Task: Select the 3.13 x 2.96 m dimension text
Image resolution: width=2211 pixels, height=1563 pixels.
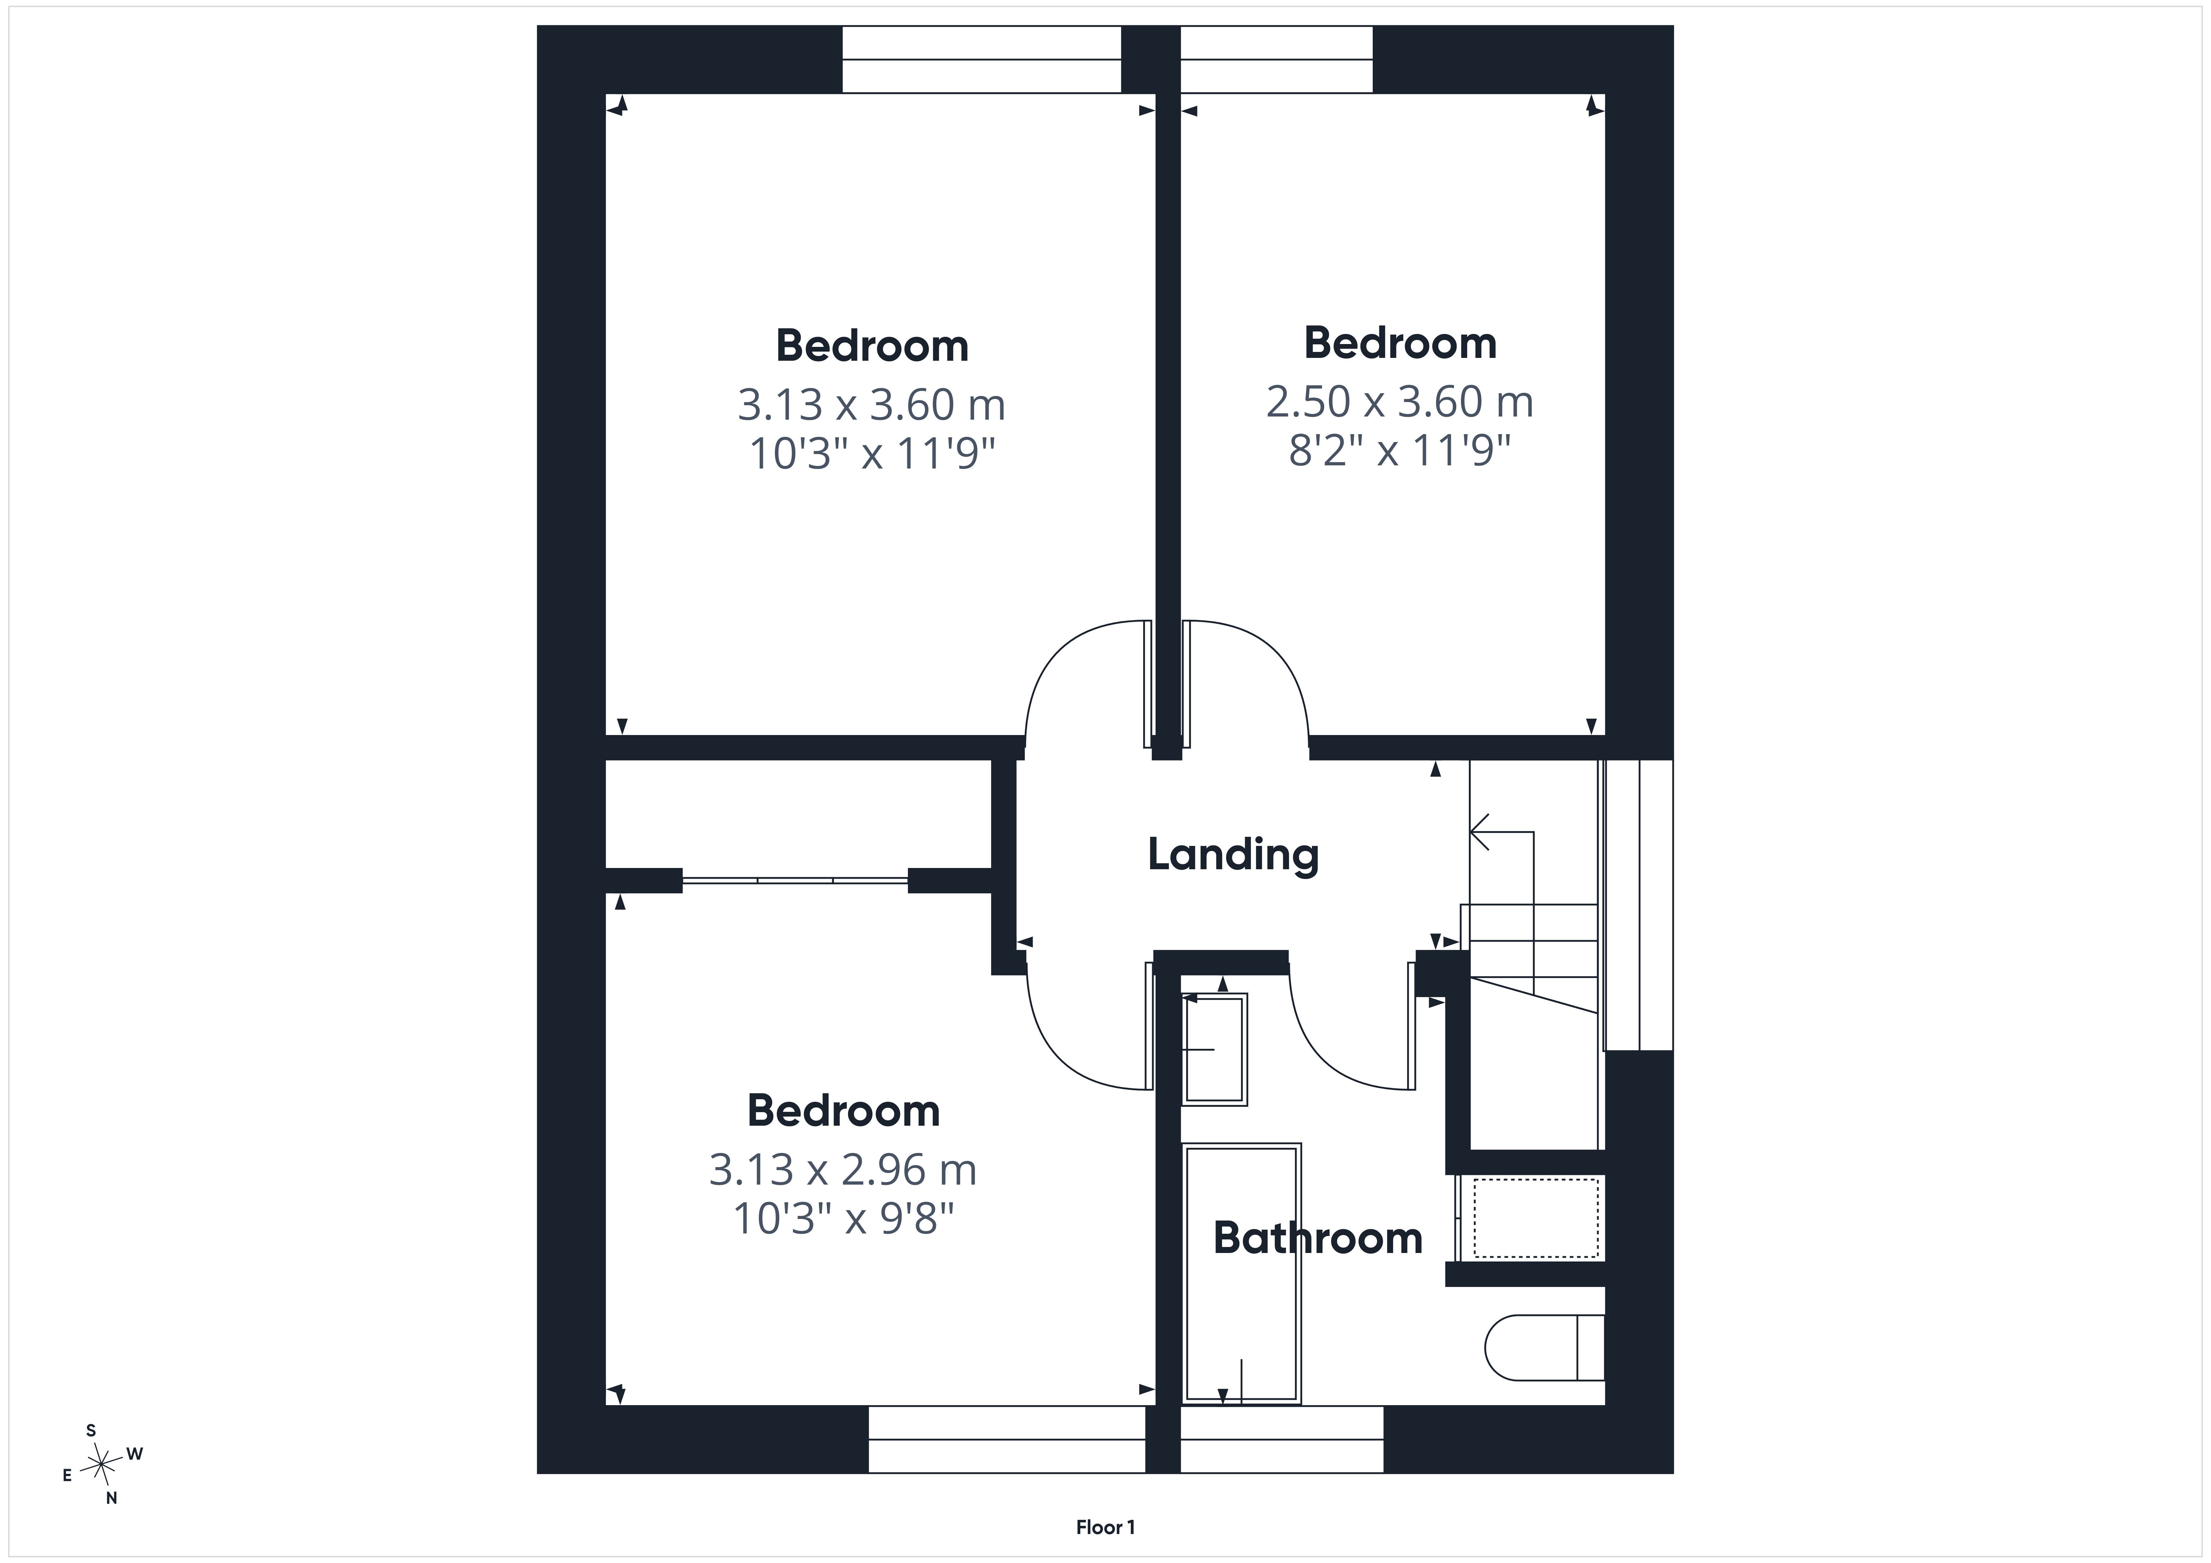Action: coord(843,1170)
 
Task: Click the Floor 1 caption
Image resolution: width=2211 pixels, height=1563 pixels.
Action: coord(1105,1527)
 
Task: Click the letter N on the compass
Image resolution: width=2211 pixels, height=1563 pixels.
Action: coord(112,1498)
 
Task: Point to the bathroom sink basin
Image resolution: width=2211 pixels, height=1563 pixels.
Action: coord(1215,1049)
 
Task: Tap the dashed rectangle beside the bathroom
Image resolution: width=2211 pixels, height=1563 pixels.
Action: coord(1536,1218)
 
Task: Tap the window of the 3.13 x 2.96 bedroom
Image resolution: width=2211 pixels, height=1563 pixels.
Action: coord(1007,1439)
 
